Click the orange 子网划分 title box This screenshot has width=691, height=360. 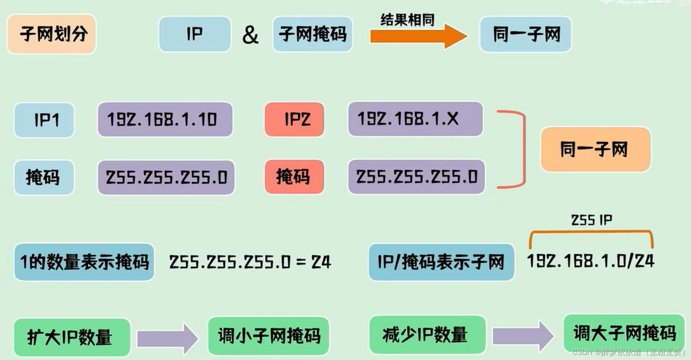52,34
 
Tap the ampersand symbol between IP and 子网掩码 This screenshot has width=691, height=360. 250,35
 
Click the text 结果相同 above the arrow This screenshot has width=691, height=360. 407,19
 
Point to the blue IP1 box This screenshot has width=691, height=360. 44,120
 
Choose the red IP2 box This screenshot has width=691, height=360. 295,119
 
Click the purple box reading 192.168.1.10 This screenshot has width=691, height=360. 165,119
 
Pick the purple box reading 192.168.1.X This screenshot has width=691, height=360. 415,119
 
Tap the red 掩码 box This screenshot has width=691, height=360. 295,177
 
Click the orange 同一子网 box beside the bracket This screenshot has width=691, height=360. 595,150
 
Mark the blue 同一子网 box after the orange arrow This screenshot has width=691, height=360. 526,34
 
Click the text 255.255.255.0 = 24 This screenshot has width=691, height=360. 250,262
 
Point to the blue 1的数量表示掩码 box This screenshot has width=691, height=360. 84,262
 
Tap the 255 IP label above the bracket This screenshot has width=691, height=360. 591,220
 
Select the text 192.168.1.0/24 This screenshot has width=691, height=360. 591,261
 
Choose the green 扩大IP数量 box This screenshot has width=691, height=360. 72,337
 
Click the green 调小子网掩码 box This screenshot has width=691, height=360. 269,336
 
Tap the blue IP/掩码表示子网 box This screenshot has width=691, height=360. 441,262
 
